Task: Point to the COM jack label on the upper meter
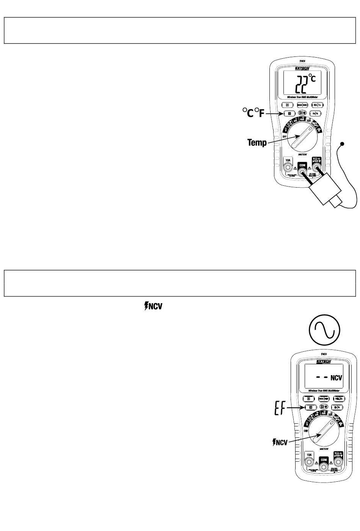click(302, 165)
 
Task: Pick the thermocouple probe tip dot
click(343, 144)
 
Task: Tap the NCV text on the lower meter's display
click(336, 378)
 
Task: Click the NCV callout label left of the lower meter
click(280, 442)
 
